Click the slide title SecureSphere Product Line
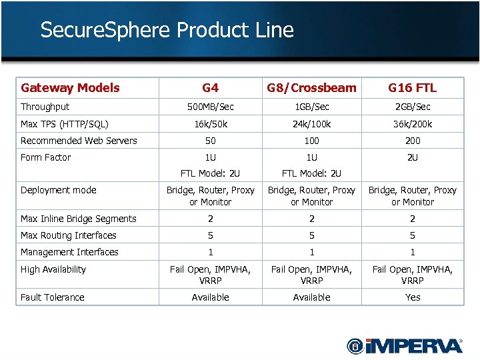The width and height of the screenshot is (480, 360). click(167, 30)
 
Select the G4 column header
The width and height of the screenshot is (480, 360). click(210, 88)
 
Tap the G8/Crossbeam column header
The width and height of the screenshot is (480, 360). click(311, 88)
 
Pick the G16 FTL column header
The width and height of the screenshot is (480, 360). click(413, 88)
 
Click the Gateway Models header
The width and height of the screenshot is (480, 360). click(70, 88)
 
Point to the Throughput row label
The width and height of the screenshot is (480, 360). click(45, 107)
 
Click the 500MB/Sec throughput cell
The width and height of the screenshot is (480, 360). click(210, 107)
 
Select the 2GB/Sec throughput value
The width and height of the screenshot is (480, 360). click(413, 107)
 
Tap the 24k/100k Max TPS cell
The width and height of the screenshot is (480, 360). click(311, 124)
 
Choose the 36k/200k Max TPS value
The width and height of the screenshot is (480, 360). click(413, 124)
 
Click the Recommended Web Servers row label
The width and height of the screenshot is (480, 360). click(79, 141)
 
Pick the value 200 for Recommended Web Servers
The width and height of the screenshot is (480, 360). click(413, 141)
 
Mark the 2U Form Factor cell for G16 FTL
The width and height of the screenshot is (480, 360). click(413, 157)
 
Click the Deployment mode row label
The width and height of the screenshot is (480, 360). click(58, 190)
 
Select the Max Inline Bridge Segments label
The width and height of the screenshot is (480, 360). click(78, 219)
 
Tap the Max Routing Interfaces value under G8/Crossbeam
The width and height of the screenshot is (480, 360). click(311, 235)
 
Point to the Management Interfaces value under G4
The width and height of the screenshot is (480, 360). click(210, 252)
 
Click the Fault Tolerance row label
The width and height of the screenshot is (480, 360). click(52, 297)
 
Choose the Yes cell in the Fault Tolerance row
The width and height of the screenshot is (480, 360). click(413, 297)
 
